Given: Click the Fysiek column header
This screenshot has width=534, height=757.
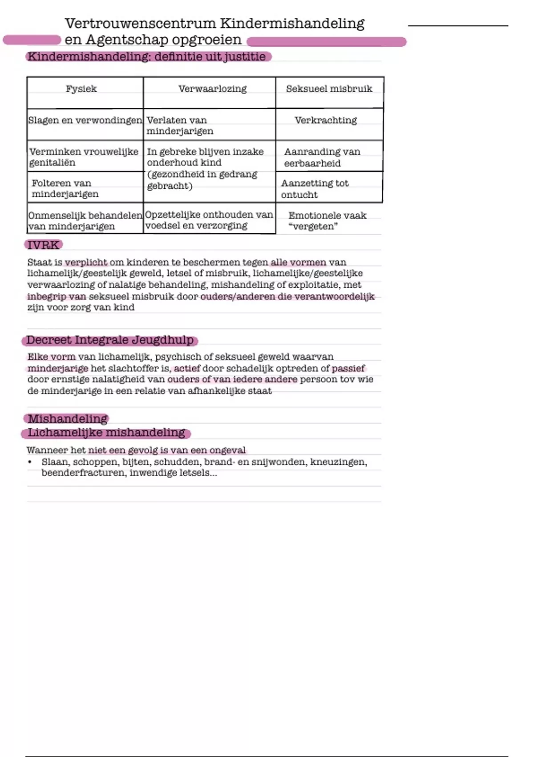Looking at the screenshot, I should (x=81, y=89).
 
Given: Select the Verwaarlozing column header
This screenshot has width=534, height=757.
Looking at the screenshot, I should (x=212, y=89).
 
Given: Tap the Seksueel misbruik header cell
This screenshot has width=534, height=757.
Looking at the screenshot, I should (x=329, y=89).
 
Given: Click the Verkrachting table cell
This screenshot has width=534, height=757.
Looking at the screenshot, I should (x=326, y=120).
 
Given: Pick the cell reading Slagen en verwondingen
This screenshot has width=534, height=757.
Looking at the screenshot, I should (x=85, y=120).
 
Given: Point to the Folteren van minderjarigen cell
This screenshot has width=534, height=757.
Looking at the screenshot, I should (x=65, y=188).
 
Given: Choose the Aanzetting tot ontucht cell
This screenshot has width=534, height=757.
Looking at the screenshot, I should (x=315, y=189).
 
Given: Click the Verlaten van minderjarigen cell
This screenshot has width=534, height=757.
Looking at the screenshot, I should (x=180, y=126).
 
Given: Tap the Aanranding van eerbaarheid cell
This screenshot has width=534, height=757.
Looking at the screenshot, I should (x=322, y=157).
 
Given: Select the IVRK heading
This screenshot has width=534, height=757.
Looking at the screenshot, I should (x=43, y=245).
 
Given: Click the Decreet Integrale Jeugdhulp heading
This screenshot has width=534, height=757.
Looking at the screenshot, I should (x=110, y=340).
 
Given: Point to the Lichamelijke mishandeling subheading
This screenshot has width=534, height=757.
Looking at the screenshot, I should (x=106, y=432).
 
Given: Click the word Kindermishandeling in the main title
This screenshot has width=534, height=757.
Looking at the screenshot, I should (x=292, y=23).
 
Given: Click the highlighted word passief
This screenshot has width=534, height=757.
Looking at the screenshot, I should (x=348, y=368).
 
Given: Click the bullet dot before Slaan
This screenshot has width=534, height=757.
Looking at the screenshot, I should (x=30, y=462).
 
